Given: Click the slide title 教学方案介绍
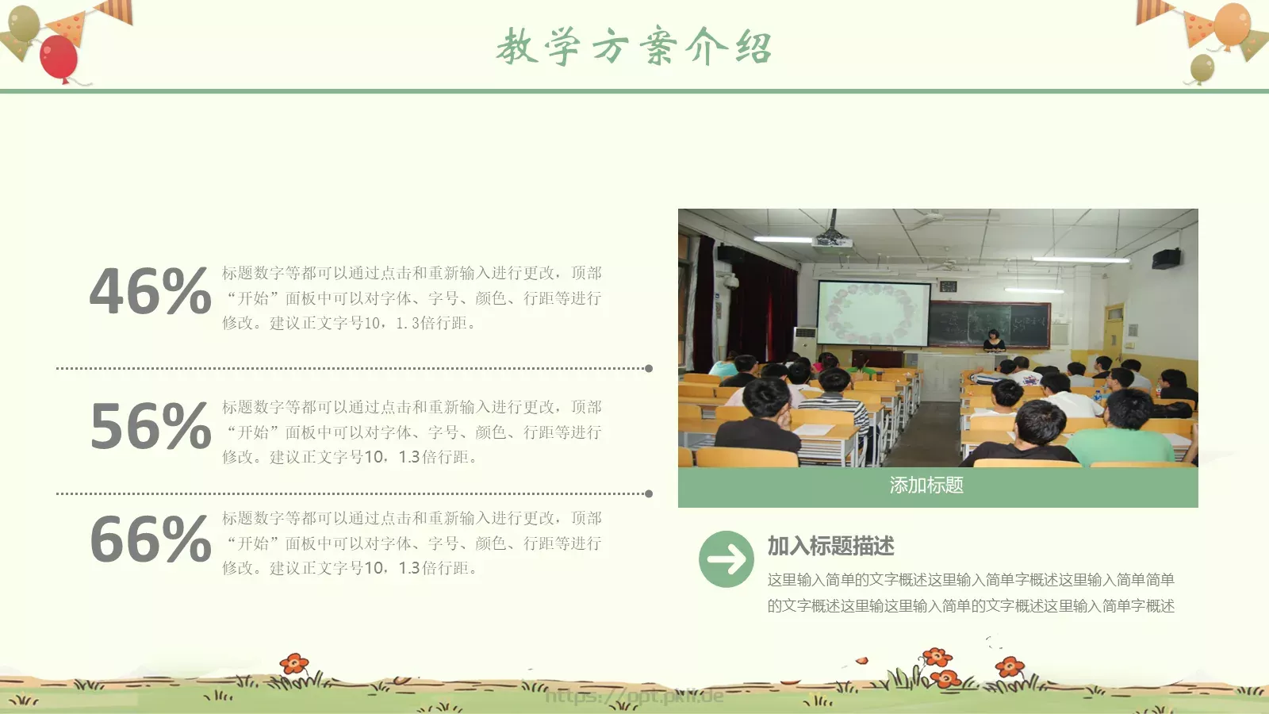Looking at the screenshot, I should [634, 46].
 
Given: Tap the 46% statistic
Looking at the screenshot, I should [150, 291].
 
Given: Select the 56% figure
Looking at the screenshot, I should [150, 426].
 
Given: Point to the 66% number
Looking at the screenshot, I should [150, 540].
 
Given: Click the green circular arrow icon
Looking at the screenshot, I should [726, 559].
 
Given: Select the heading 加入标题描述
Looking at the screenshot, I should [830, 546].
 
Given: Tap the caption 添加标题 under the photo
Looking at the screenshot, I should [926, 486].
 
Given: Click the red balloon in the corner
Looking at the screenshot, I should [59, 58].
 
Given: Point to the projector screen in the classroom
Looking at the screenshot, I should [872, 313].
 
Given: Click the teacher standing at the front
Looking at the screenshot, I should [993, 340].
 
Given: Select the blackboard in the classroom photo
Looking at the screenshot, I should [989, 324].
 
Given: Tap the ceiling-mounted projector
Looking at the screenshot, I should [832, 237].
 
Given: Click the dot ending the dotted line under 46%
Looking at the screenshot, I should [649, 368].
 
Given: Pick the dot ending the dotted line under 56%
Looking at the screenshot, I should [649, 493].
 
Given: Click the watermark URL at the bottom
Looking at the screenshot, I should [634, 697].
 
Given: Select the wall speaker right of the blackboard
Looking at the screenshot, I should [1166, 258].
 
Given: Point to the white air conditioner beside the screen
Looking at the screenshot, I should [805, 346].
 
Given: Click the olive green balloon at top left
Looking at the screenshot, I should [24, 24].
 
